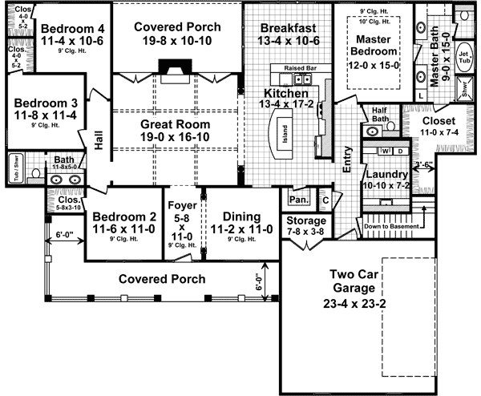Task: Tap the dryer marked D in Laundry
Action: pyautogui.click(x=402, y=150)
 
